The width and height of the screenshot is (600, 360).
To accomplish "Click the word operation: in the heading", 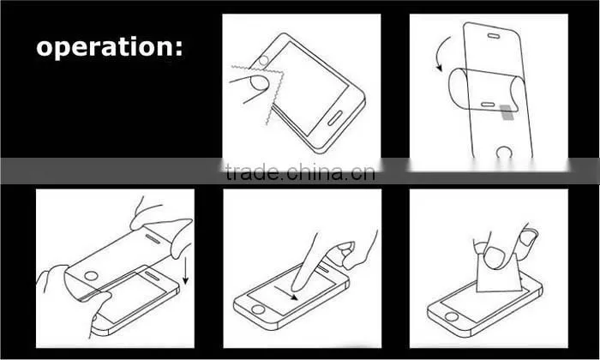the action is click(110, 47).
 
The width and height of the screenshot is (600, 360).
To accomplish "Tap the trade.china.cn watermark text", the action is click(300, 172).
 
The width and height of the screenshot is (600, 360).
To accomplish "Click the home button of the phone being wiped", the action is click(263, 61).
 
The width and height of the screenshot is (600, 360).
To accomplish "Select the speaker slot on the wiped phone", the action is click(335, 118).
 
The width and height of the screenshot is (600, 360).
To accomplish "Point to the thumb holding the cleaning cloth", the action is click(260, 82).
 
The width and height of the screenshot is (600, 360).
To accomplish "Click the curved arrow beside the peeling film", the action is click(442, 53).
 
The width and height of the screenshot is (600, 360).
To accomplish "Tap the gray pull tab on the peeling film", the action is click(507, 112).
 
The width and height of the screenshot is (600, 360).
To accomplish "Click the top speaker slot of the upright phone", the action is click(493, 36).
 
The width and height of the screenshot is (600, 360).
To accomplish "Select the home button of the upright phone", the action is click(504, 152).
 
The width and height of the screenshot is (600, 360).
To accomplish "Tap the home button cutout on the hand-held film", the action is click(91, 276).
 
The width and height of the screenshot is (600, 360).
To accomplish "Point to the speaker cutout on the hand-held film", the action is click(153, 239).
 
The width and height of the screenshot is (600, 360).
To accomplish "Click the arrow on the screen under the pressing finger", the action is click(285, 293).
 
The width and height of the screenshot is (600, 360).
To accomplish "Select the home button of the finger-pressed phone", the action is click(257, 309).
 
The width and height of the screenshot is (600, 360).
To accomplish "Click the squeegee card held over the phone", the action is click(499, 272).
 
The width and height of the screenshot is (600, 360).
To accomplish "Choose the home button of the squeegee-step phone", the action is click(452, 317).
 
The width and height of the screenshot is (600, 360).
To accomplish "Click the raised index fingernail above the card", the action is click(529, 237).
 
